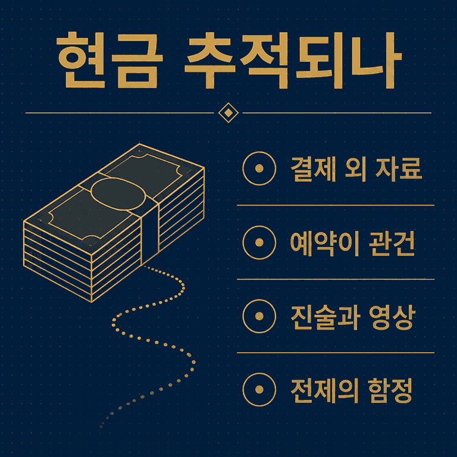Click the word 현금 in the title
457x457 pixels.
[109, 60]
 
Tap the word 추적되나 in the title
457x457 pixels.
[293, 60]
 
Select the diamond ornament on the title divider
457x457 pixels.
[228, 113]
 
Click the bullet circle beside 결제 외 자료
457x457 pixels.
[259, 168]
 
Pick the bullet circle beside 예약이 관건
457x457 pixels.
[259, 243]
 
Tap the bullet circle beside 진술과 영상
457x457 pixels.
[259, 316]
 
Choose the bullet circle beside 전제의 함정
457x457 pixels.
[259, 390]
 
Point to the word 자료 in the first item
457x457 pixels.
[399, 169]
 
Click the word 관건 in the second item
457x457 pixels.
[392, 243]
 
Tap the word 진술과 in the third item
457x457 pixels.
[325, 317]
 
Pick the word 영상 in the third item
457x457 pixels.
[392, 317]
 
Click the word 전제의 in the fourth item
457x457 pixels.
[325, 390]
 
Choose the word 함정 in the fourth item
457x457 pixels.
[390, 390]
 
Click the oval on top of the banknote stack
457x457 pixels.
[118, 194]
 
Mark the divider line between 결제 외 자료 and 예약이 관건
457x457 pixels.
[336, 205]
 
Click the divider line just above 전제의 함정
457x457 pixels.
[336, 353]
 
